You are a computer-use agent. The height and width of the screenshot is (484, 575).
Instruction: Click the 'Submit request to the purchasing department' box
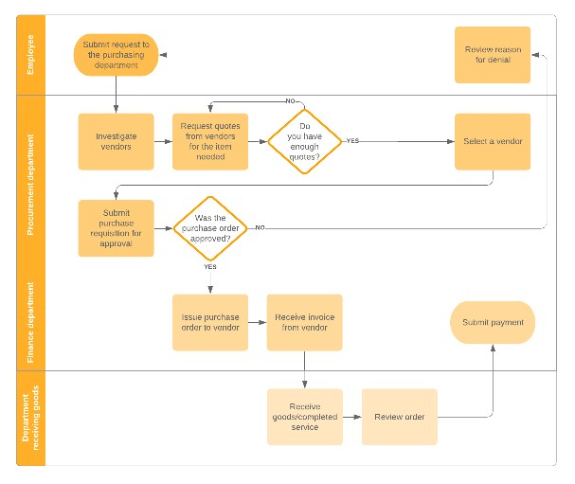pos(116,55)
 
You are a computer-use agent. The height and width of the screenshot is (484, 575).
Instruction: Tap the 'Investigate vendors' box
pos(116,141)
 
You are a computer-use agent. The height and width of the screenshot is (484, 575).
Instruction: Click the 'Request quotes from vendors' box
pos(210,141)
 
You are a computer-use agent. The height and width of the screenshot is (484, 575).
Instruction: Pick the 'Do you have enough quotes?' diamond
pos(304,141)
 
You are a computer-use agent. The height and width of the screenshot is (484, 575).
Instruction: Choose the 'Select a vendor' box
pos(493,141)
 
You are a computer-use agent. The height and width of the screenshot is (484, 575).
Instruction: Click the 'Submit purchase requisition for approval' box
pos(116,227)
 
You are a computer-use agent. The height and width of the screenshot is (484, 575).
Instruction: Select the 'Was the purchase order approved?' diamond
pos(210,227)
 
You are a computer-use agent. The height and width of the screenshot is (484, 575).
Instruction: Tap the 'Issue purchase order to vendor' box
pos(210,322)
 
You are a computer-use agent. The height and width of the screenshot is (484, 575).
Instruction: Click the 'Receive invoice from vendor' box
pos(304,322)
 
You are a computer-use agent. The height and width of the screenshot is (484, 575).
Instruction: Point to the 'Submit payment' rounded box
pos(493,322)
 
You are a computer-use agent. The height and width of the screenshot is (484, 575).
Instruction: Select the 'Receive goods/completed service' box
pos(304,417)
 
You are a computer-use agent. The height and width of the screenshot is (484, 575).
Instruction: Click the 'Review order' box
pos(399,417)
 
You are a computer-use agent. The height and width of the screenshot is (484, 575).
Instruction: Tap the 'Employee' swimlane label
pos(30,55)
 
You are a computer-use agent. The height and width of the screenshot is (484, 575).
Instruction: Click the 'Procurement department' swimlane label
pos(30,185)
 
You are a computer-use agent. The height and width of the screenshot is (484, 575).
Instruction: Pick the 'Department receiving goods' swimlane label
pos(30,418)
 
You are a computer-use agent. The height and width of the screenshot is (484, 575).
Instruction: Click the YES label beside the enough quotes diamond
pos(352,141)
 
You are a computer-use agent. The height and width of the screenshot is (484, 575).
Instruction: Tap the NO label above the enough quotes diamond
pos(291,100)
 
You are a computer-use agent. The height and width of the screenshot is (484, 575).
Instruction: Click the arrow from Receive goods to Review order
pos(351,417)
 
